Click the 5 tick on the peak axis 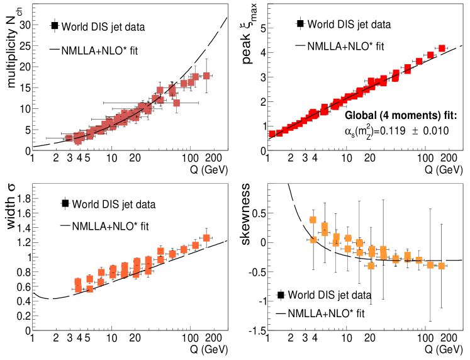point(262,29)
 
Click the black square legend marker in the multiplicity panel point(55,26)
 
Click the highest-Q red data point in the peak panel point(442,48)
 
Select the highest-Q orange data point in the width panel point(206,238)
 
